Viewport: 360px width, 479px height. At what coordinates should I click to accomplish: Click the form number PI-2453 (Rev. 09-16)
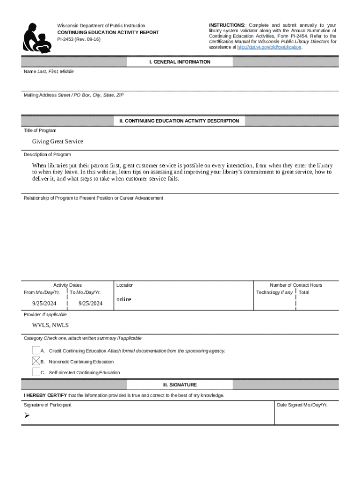[79, 39]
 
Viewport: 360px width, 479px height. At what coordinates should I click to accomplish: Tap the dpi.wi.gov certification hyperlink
[269, 47]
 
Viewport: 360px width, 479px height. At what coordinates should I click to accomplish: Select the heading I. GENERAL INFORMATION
[180, 62]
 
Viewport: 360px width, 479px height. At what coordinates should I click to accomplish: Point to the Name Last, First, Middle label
[49, 72]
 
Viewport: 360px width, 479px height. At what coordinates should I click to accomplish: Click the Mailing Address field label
[73, 95]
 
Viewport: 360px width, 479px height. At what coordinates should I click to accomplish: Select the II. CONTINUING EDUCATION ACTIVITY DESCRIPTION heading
[180, 121]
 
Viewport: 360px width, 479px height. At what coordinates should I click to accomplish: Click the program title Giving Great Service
[58, 141]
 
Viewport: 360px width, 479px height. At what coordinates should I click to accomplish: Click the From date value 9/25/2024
[44, 303]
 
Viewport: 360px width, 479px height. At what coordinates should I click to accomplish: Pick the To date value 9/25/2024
[90, 303]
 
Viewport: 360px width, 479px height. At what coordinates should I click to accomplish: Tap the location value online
[124, 299]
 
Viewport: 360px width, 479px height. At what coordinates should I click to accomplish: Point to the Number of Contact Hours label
[295, 285]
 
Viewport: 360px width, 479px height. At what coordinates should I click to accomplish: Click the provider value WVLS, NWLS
[50, 325]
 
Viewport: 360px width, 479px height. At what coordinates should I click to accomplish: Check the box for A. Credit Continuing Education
[36, 350]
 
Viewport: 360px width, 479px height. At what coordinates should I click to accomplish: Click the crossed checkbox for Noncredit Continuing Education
[36, 361]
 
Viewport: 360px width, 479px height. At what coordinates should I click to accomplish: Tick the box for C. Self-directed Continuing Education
[36, 372]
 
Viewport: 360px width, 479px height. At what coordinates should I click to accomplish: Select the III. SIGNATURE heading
[180, 385]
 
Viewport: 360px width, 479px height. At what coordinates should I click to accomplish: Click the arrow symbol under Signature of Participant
[27, 415]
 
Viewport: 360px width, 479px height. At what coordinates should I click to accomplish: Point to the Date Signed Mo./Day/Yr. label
[302, 405]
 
